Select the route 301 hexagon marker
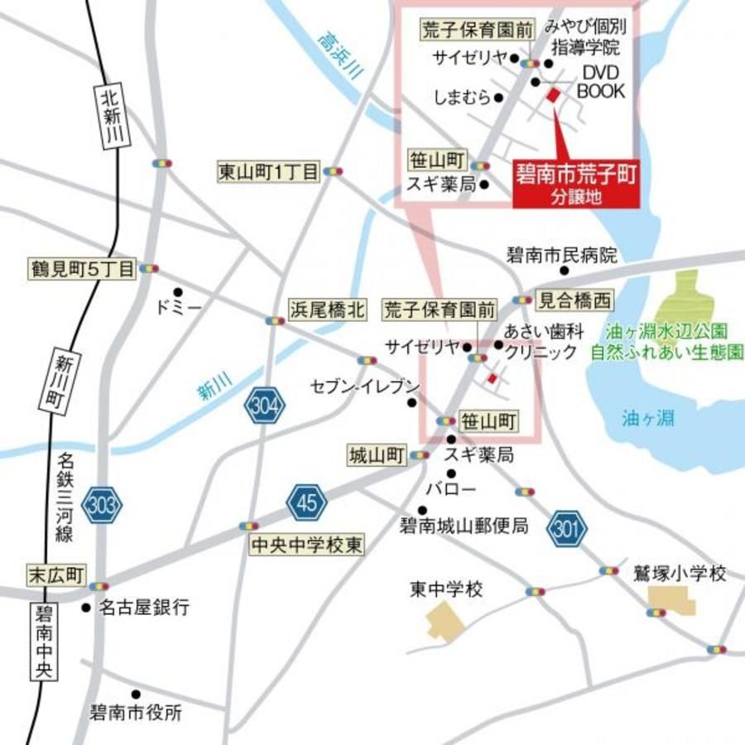tap(567, 526)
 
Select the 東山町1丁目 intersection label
tap(268, 171)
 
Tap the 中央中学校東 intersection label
tap(305, 545)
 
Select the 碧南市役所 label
tap(136, 711)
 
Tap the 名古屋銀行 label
tap(144, 608)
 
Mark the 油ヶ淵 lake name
tap(648, 419)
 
